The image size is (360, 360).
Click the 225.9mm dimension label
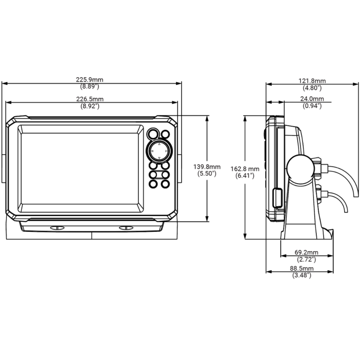point(90,80)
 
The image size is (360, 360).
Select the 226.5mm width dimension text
point(90,99)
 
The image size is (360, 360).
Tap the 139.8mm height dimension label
point(207,166)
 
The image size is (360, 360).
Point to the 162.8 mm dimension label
point(245,169)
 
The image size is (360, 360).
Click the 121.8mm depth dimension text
point(312,81)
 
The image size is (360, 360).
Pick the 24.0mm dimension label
point(312,99)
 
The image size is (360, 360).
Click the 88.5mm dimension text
point(302,268)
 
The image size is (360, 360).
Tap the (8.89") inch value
point(90,87)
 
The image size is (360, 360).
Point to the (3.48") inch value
point(302,275)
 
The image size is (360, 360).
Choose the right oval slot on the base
point(126,228)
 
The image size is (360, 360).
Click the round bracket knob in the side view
point(300,167)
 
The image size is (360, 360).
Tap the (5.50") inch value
point(207,173)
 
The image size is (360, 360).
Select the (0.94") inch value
point(312,106)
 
